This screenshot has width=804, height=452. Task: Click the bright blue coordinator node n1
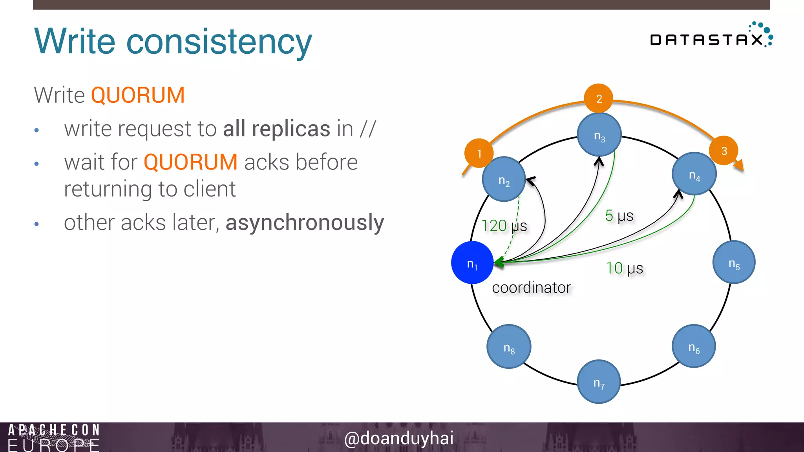[472, 262]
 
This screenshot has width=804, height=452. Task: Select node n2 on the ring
[504, 179]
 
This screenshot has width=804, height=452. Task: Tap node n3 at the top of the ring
[599, 135]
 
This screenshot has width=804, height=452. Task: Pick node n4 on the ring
[694, 174]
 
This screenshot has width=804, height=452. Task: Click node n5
[734, 262]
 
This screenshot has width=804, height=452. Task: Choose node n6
[694, 346]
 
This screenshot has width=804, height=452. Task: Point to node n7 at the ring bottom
[599, 381]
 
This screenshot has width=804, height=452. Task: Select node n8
[509, 346]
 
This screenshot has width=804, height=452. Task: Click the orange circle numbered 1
[479, 153]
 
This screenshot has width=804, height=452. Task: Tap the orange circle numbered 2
[599, 98]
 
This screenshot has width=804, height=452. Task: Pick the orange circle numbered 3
[724, 151]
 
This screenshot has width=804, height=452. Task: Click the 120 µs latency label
[504, 226]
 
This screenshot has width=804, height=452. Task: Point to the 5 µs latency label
[619, 216]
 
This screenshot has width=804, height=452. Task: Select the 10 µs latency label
[624, 268]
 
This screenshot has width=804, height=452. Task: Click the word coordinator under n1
[531, 288]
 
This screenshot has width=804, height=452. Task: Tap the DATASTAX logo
[711, 36]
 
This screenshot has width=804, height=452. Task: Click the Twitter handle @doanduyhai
[398, 438]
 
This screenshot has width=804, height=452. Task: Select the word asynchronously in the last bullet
[305, 223]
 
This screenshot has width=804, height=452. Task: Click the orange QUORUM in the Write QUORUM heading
[138, 95]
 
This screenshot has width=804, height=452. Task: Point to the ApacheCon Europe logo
[54, 437]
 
